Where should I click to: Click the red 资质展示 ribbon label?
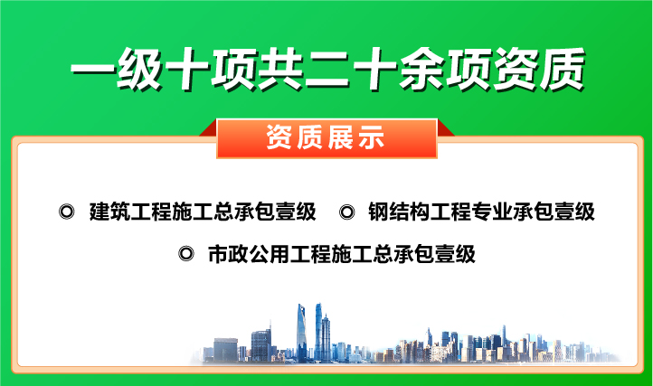pos(326,138)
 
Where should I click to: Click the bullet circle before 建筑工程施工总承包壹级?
pos(65,212)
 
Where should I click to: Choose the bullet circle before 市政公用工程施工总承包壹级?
pos(186,255)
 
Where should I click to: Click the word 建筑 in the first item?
pos(109,212)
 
